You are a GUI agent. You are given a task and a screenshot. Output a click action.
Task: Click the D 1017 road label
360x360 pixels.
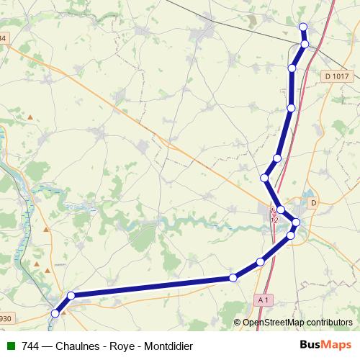click(x=336, y=76)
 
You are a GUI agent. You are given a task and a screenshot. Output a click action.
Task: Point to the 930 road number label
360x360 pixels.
click(x=5, y=318)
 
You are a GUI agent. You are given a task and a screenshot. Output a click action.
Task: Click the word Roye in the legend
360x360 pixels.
click(x=121, y=346)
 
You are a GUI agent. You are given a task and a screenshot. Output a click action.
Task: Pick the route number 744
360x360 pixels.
click(x=31, y=346)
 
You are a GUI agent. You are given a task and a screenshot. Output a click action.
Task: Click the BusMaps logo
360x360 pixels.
click(x=325, y=345)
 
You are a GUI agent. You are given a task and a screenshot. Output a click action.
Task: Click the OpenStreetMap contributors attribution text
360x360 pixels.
click(x=297, y=323)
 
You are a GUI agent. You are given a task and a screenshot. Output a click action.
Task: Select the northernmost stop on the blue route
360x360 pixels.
click(x=302, y=27)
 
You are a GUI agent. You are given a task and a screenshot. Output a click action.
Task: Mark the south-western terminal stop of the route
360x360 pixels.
click(x=55, y=313)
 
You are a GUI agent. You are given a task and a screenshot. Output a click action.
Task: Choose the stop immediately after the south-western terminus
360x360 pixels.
click(x=71, y=295)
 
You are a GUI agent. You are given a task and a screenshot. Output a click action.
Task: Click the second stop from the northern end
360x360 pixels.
click(x=305, y=45)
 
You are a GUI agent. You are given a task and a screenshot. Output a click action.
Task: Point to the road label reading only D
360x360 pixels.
click(x=313, y=204)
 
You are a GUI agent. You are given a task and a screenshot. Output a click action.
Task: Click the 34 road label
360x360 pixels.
click(x=3, y=38)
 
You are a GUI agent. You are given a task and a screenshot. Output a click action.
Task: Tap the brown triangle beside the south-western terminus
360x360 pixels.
click(x=63, y=312)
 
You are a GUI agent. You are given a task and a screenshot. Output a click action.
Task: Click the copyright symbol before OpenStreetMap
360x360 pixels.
click(x=238, y=323)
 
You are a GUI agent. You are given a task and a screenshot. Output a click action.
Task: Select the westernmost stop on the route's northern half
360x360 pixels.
click(x=264, y=177)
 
